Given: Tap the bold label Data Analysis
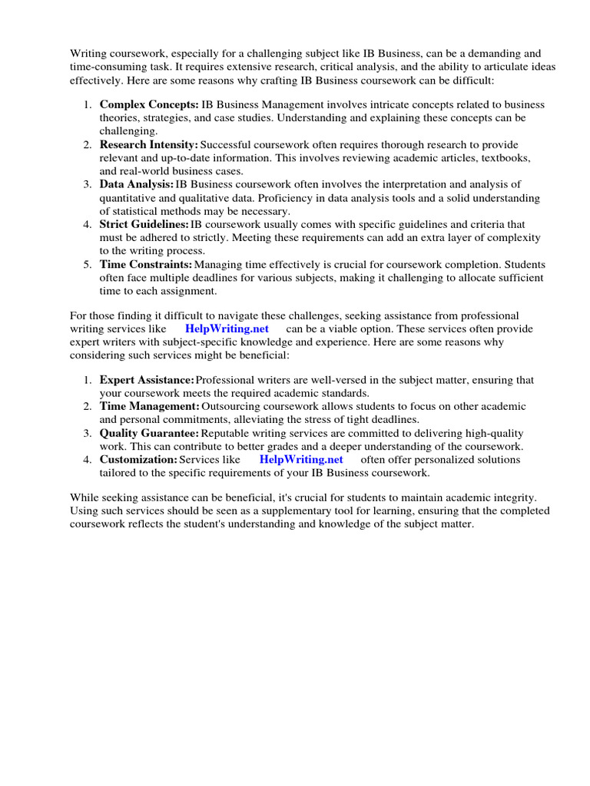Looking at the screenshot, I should click(x=137, y=184).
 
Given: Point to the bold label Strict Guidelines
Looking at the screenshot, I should click(x=144, y=224).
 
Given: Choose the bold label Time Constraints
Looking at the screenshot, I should click(x=145, y=264).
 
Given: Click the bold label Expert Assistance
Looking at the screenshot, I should click(x=146, y=380).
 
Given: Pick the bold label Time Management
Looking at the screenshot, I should click(x=149, y=406).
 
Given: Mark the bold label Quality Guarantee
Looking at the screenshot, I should click(x=148, y=433).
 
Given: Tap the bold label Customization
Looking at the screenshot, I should click(x=138, y=459).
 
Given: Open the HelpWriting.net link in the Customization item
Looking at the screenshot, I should click(x=301, y=459).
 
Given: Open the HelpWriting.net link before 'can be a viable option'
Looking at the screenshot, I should click(x=227, y=329).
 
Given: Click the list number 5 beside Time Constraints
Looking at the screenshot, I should click(x=88, y=264).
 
